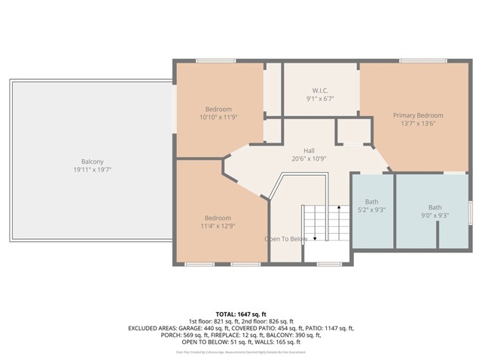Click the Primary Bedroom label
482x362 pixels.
(x=418, y=115)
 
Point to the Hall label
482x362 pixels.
(x=309, y=150)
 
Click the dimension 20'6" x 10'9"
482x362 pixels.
(x=309, y=159)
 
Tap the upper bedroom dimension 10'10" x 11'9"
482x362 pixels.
(x=218, y=118)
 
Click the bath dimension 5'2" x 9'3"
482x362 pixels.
(x=372, y=210)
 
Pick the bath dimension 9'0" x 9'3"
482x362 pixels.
(x=435, y=216)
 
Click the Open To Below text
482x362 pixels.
(x=285, y=239)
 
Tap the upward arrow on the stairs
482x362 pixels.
(x=338, y=209)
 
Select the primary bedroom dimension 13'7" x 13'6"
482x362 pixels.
(x=418, y=124)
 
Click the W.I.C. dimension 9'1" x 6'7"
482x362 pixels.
(x=320, y=98)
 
